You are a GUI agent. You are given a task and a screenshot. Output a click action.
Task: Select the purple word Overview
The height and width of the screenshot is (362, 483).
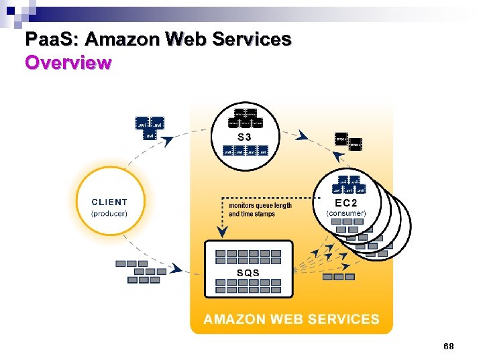(68, 64)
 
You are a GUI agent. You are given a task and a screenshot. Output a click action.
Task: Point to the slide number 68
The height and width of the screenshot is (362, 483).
(449, 346)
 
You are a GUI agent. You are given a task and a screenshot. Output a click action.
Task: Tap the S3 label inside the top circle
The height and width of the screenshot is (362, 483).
(245, 137)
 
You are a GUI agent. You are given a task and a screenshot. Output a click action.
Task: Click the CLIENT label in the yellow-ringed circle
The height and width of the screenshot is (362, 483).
(109, 202)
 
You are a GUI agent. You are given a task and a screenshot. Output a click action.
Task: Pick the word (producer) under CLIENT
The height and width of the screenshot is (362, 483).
(109, 213)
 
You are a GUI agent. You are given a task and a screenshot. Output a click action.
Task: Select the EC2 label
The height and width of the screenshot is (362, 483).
(346, 202)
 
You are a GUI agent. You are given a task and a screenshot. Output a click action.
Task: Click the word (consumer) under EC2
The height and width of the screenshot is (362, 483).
(346, 213)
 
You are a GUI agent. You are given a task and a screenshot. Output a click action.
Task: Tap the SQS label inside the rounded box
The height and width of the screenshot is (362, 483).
(248, 273)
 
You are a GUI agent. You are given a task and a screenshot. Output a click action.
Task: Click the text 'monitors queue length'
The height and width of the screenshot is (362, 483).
(260, 205)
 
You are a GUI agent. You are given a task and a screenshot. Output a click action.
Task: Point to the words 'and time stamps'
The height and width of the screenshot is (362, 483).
(252, 214)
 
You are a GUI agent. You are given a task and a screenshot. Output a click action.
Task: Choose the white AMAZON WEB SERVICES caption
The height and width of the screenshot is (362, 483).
(291, 320)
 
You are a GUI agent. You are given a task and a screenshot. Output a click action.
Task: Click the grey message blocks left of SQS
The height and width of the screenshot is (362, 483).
(142, 271)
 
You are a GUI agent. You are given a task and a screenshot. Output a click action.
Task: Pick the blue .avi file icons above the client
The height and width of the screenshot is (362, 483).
(150, 127)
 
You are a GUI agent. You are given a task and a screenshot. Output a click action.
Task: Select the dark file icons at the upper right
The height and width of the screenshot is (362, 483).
(348, 140)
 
